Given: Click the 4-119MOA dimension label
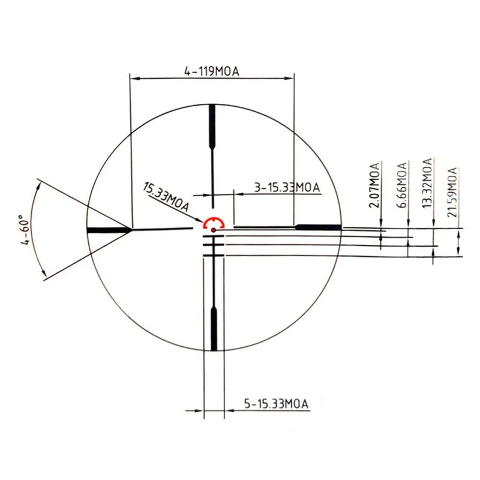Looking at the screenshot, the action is [212, 71].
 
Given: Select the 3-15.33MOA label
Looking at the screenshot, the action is [287, 187].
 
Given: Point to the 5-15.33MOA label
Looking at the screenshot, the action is [276, 404].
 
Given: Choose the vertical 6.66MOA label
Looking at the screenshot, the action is [402, 185].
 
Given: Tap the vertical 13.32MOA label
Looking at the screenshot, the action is [427, 183].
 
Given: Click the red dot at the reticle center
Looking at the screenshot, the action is [214, 230].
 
